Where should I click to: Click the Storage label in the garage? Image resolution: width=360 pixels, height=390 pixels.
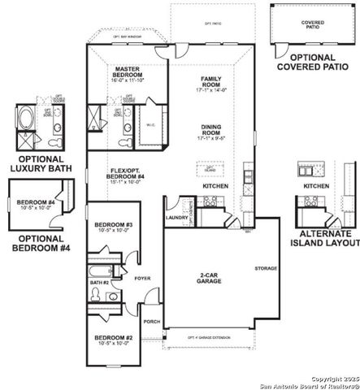coord(265,268)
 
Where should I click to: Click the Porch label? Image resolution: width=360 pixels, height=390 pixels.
coord(151,321)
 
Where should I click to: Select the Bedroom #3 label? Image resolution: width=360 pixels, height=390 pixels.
coord(112,225)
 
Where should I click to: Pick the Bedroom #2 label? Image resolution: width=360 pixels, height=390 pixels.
coord(112,338)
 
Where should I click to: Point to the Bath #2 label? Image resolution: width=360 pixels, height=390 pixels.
coord(99,282)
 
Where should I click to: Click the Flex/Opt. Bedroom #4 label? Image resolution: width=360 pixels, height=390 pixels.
coord(128,173)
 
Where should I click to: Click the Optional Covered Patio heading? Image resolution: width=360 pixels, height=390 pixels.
coord(314,62)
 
